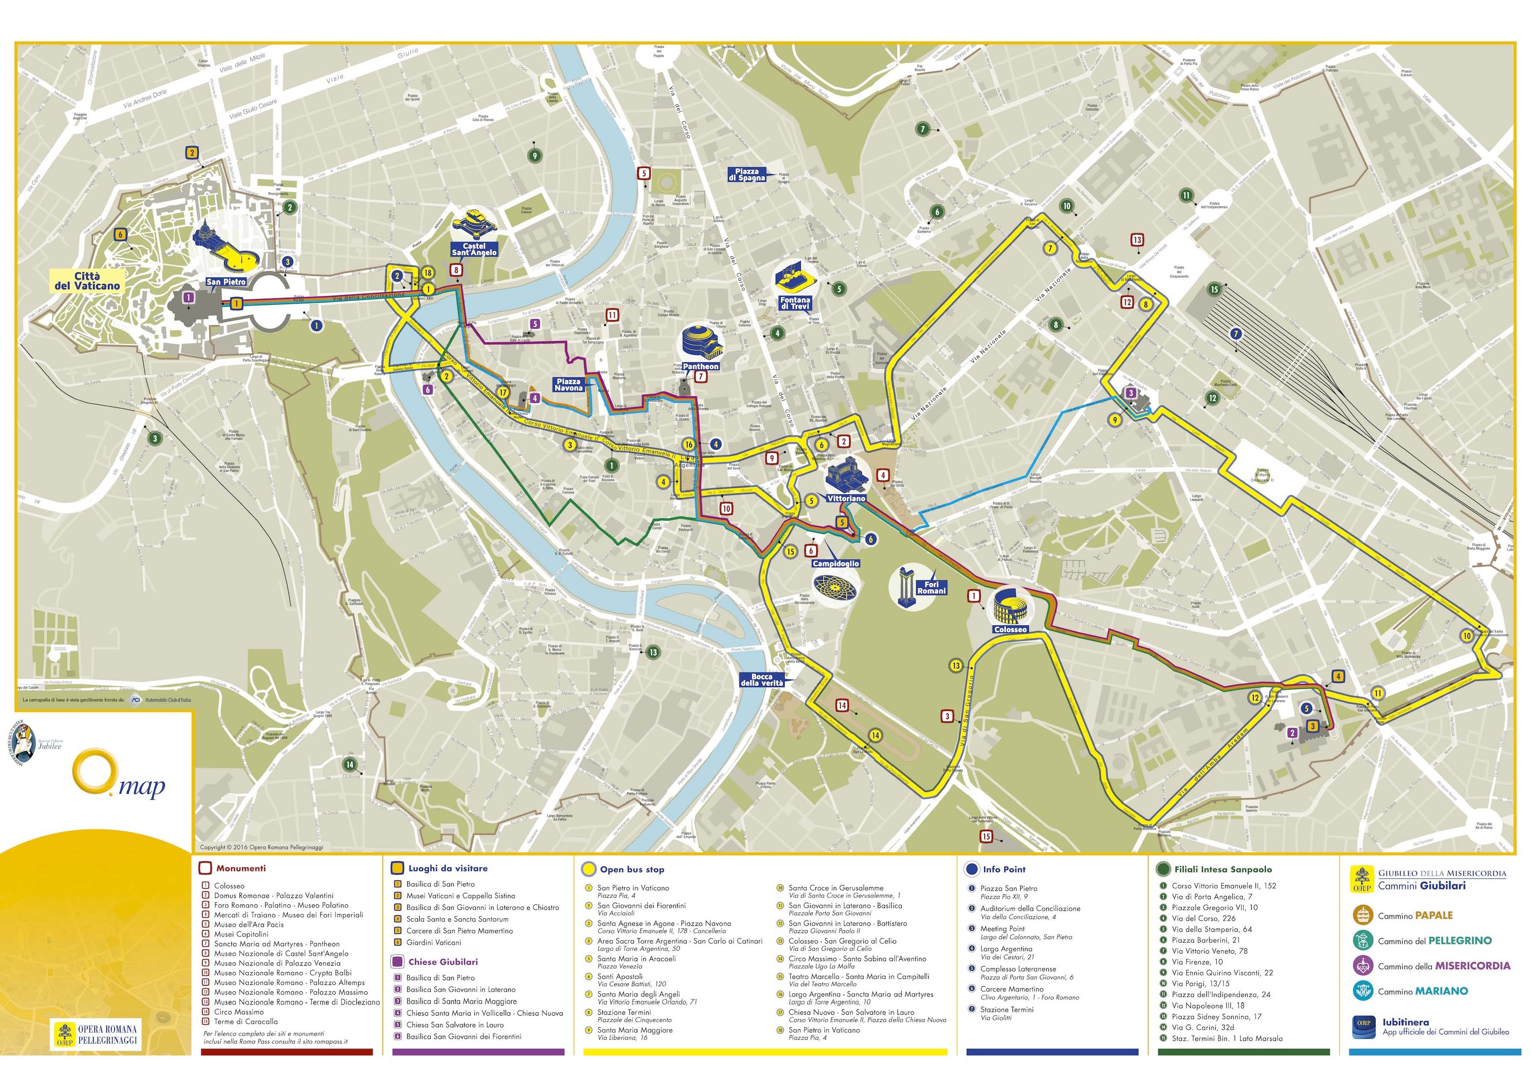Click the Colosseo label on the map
[x=1010, y=629]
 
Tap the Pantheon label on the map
[x=701, y=366]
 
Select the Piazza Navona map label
[x=568, y=384]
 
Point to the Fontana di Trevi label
[x=795, y=303]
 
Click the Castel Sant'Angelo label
[x=474, y=249]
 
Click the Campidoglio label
[x=835, y=564]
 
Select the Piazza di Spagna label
[x=747, y=175]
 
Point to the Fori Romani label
[x=931, y=588]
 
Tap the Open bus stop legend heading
[x=631, y=869]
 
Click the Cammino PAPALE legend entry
[x=1414, y=915]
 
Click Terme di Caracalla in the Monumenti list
[x=246, y=1021]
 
